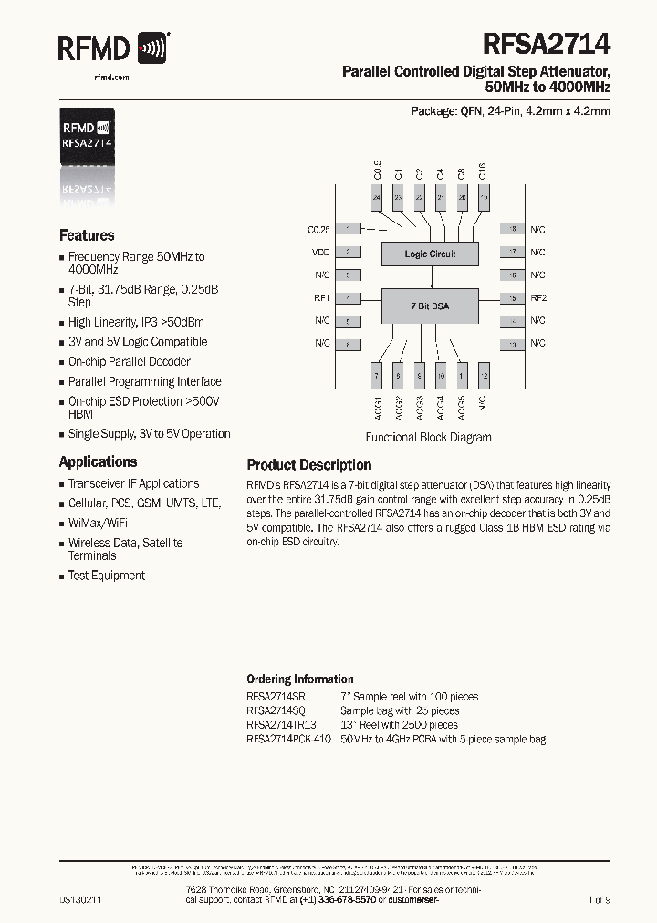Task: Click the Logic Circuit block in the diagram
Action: [x=430, y=254]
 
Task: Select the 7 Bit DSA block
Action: [x=429, y=306]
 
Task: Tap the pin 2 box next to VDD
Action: [x=347, y=253]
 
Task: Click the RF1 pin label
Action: [x=321, y=298]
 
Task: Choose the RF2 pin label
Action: [x=538, y=298]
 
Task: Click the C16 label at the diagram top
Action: [x=483, y=171]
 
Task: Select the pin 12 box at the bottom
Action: [x=484, y=376]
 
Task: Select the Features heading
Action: [x=87, y=235]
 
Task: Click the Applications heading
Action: [x=98, y=461]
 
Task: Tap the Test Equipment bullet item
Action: [x=106, y=576]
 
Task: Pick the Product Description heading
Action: [x=308, y=465]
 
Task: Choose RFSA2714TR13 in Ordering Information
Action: [x=281, y=725]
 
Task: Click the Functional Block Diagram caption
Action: [x=428, y=437]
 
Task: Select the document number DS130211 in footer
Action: [x=80, y=899]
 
